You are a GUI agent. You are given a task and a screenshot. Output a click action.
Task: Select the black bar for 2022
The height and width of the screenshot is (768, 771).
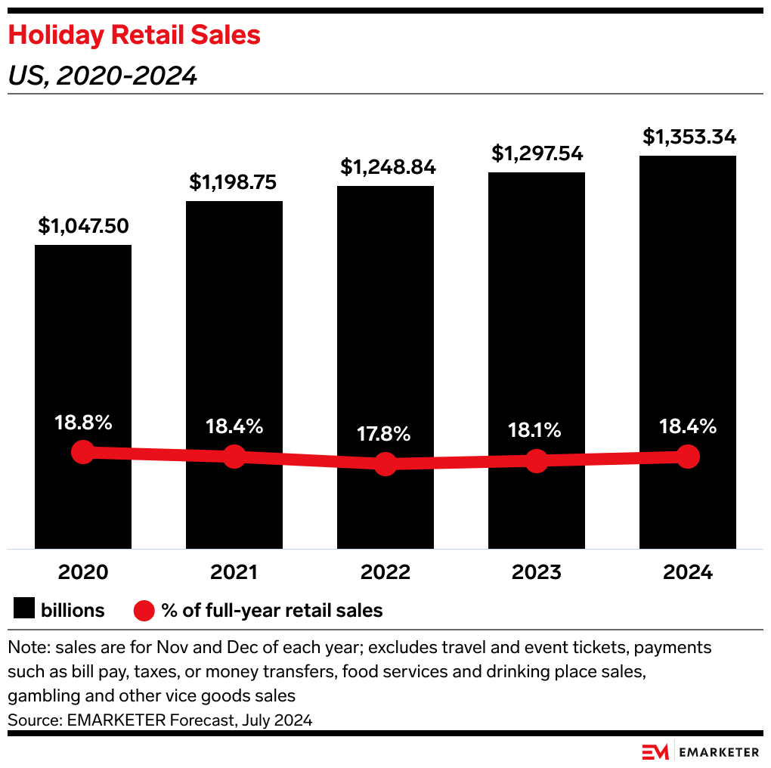[x=385, y=317]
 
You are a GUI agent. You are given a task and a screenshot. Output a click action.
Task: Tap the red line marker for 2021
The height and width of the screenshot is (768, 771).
[x=234, y=456]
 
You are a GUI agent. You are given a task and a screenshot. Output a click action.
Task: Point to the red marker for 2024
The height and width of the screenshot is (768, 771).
[x=687, y=456]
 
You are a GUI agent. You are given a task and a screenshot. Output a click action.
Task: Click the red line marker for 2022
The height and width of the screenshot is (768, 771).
[x=385, y=464]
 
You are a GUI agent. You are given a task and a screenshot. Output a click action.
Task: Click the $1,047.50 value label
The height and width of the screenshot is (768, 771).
[x=84, y=225]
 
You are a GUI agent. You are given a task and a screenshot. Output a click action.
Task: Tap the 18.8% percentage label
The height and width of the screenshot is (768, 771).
[x=83, y=423]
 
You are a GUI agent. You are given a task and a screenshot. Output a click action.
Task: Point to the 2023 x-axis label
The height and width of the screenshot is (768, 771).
[x=537, y=572]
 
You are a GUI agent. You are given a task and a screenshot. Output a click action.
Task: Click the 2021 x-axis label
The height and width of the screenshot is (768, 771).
[x=234, y=572]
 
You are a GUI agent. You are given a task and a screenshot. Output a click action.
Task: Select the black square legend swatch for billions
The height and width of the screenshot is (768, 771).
[x=25, y=610]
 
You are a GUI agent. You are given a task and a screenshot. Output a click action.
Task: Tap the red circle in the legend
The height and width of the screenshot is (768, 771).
[x=144, y=610]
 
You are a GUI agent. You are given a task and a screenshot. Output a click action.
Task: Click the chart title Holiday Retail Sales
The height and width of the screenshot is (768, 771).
[x=135, y=36]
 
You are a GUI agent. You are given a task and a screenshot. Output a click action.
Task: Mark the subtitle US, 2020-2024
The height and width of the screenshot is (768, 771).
[x=103, y=76]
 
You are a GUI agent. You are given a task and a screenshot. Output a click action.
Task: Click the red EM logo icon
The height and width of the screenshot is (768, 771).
[x=655, y=752]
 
